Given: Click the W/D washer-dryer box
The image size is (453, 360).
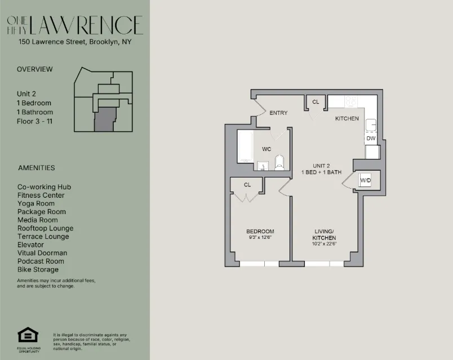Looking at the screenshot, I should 366,180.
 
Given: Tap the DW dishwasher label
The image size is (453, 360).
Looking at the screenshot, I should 371,138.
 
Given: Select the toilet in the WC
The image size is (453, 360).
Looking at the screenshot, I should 279,163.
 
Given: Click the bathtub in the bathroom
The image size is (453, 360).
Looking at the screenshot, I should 245,146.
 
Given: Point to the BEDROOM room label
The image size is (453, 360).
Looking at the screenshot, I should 260,232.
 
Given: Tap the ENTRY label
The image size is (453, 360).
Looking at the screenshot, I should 278,113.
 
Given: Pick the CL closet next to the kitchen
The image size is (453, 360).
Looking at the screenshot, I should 316,101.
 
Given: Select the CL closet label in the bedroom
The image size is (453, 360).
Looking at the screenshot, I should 247,185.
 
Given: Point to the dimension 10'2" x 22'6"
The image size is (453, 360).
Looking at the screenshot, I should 324,244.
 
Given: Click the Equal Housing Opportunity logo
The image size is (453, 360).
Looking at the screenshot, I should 28,337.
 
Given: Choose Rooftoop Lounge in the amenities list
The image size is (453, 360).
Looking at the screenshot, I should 45,228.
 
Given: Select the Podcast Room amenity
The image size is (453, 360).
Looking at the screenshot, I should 41,261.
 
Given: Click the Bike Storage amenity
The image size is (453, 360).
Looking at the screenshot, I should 38,269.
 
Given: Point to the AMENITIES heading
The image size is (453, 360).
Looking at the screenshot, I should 37,168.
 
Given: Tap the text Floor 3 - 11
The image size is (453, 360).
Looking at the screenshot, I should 36,121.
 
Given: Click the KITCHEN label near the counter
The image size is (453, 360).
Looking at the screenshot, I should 347,119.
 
